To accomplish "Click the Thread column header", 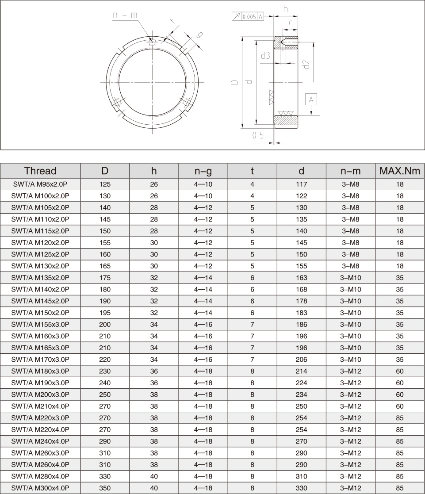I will [40, 171].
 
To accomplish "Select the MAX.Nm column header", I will [399, 171].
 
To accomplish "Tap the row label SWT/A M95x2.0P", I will [40, 184].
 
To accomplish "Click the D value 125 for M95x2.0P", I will [105, 184].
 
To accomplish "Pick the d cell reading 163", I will [301, 278].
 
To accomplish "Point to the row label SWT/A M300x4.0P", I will [40, 488].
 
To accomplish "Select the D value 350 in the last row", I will [105, 488].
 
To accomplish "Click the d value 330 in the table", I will [301, 488].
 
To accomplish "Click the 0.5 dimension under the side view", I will [258, 136].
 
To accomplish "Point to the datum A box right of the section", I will [311, 99].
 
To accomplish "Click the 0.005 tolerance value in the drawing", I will [249, 17].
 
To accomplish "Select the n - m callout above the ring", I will [125, 15].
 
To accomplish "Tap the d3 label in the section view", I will [265, 56].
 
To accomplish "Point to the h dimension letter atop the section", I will [286, 9].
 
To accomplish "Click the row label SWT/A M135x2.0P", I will [40, 278].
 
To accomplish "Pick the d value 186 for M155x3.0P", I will [301, 325].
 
